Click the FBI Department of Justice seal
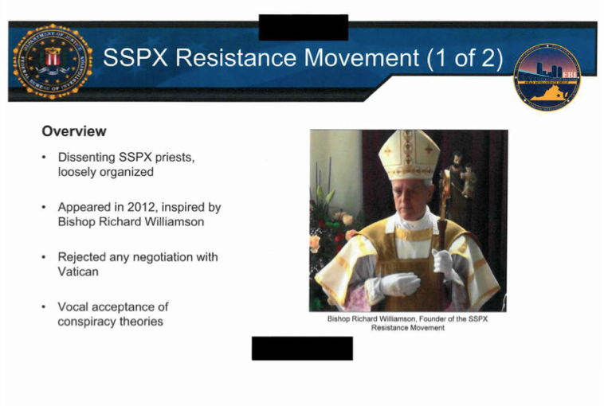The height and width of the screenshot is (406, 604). [53, 61]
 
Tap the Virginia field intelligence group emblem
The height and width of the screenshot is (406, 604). [547, 77]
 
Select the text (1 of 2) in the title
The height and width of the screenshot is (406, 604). [465, 58]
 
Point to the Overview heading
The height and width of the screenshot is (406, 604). [74, 131]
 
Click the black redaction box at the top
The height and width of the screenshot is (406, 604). [304, 27]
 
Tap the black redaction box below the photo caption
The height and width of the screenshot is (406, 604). [302, 348]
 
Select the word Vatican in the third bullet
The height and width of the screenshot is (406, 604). [78, 271]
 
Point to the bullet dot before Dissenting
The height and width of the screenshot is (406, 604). [45, 158]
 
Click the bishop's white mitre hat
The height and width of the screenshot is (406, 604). [409, 154]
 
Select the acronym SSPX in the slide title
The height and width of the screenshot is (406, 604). [135, 58]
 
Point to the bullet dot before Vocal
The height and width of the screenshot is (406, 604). [45, 307]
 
